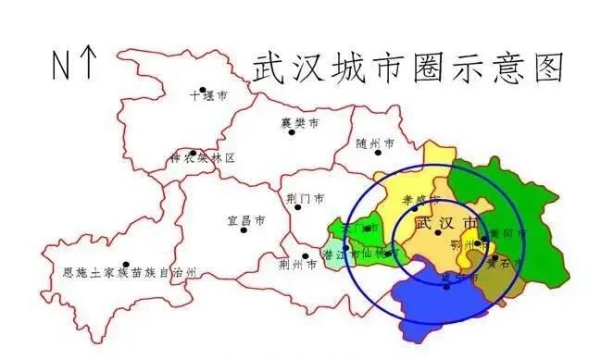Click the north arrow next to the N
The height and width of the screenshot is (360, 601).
pos(89,65)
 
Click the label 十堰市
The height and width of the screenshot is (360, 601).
pos(208,96)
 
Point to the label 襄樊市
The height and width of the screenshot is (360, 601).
pos(300,122)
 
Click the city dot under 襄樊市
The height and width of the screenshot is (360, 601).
pos(291,131)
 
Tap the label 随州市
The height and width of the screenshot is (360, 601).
pos(375,144)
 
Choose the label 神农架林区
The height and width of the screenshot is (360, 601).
pos(201,158)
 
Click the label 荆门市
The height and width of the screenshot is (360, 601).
pos(306,198)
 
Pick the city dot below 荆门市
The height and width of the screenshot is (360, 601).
pos(297,207)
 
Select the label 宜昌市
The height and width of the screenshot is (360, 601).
pos(246,221)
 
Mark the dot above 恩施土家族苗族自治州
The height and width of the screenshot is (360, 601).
pos(125,264)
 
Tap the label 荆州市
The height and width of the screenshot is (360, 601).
pos(297,266)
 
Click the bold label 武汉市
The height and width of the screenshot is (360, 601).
pos(448,224)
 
